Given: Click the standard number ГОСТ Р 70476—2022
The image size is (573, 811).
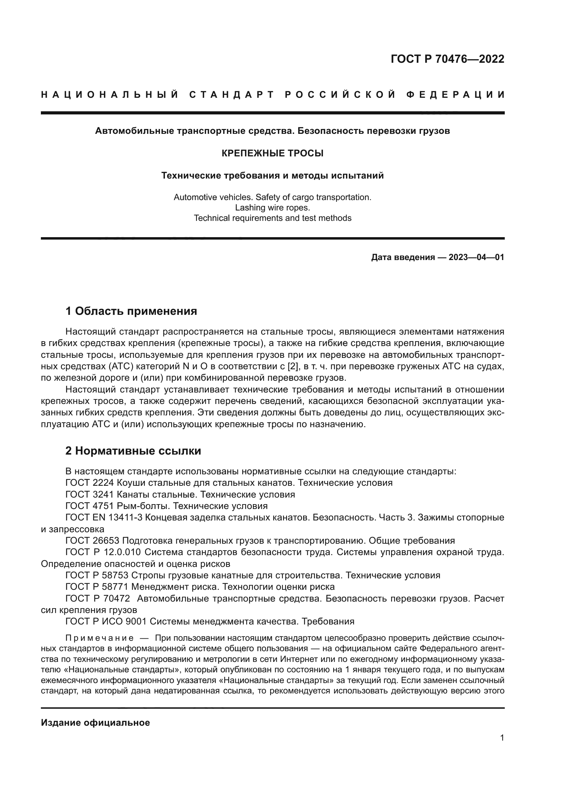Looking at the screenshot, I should pyautogui.click(x=447, y=59).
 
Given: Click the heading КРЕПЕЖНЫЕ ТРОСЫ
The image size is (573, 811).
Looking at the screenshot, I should pyautogui.click(x=272, y=153).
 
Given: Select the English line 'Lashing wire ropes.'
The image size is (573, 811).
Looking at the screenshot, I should pyautogui.click(x=272, y=208).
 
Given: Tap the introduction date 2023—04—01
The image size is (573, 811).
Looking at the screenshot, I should pyautogui.click(x=476, y=257).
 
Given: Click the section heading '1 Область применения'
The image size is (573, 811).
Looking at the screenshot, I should pyautogui.click(x=131, y=311).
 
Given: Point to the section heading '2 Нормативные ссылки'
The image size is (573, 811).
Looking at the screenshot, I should pyautogui.click(x=133, y=451).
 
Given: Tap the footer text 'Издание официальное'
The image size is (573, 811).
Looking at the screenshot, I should pyautogui.click(x=95, y=723).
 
